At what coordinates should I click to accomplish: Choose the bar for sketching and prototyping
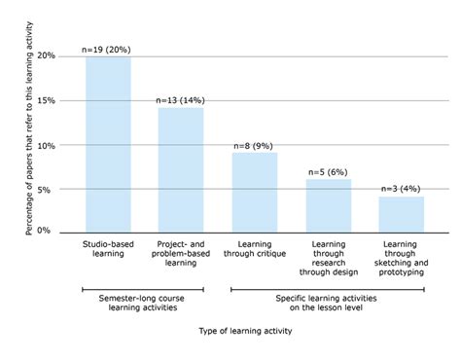(401, 213)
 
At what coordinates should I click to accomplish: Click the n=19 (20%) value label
(108, 48)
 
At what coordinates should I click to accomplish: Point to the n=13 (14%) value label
(181, 99)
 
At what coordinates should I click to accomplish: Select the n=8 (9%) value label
(254, 145)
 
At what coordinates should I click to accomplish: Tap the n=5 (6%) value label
(328, 171)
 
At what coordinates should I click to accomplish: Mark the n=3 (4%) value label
(401, 189)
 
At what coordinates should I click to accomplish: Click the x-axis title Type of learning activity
(240, 331)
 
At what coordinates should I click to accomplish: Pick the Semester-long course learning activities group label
(143, 304)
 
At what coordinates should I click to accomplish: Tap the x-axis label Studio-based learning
(108, 249)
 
